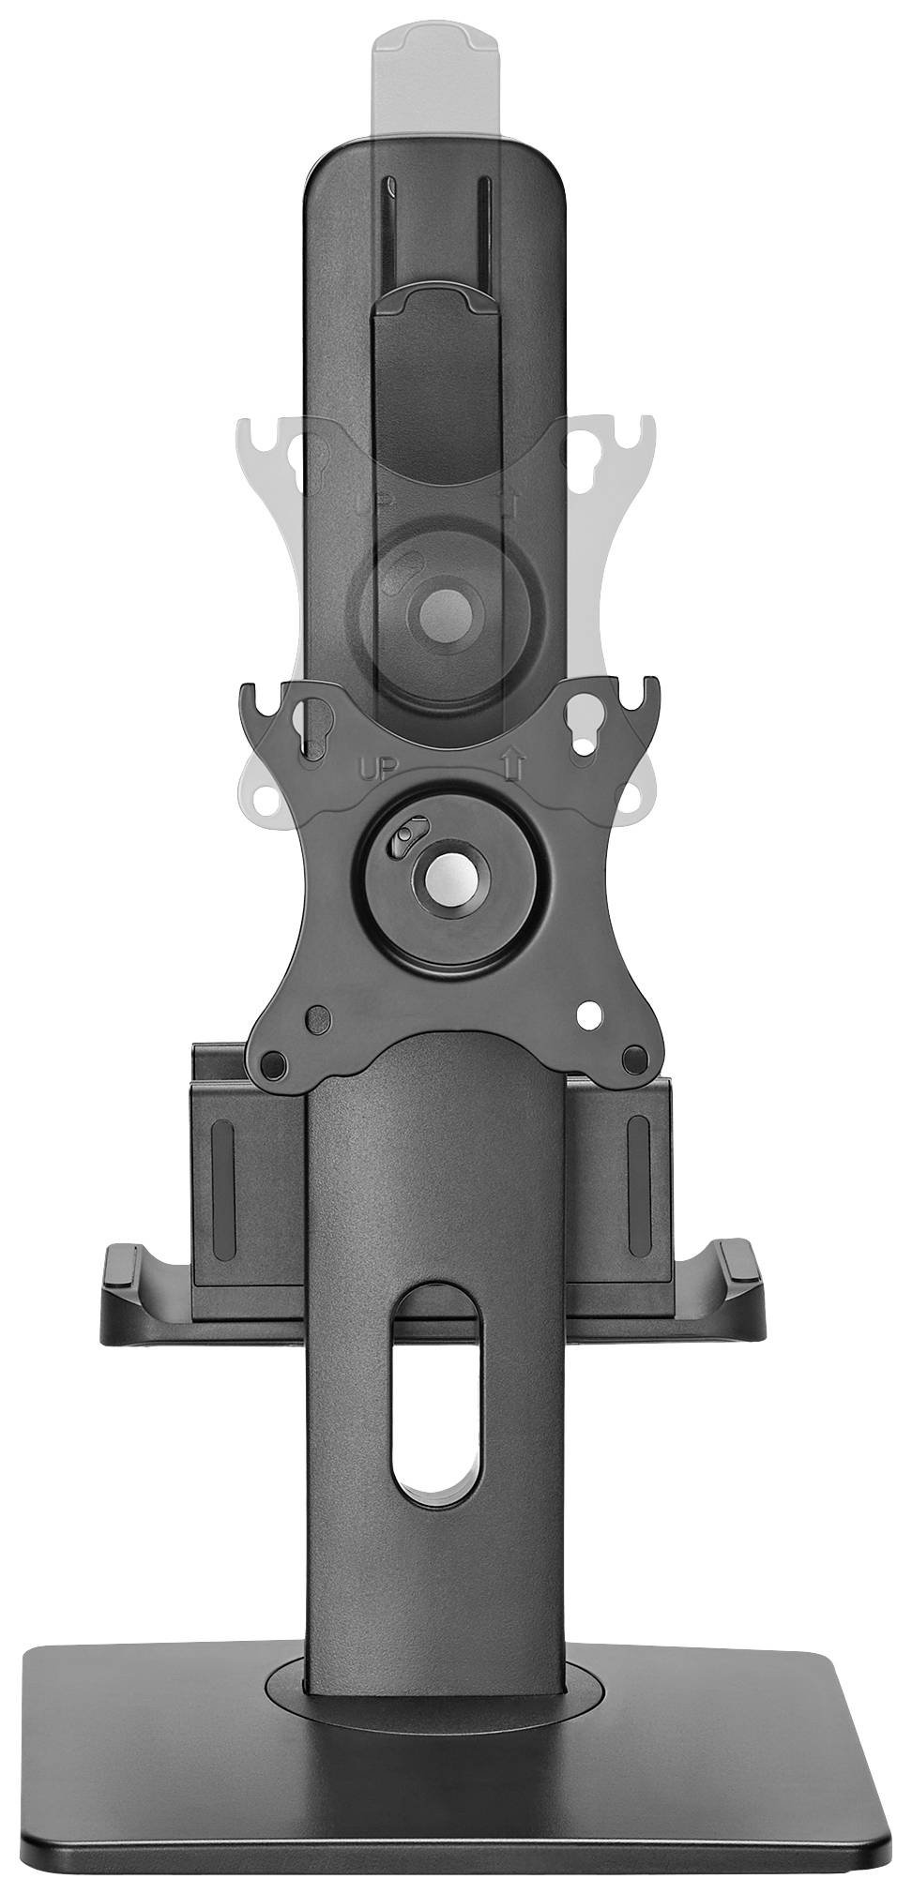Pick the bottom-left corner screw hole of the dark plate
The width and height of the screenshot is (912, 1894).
[x=273, y=1063]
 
